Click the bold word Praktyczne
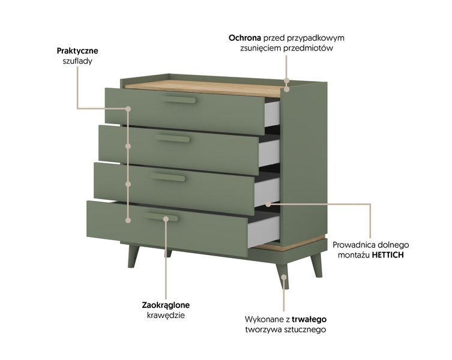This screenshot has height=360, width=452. click(77, 51)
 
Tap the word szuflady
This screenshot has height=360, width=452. click(77, 61)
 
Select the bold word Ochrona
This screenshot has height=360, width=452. click(245, 38)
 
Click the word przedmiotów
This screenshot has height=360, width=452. click(308, 48)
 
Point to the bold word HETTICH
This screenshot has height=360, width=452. click(388, 255)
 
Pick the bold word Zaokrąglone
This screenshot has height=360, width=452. click(166, 305)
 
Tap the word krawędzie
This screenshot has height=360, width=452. click(166, 316)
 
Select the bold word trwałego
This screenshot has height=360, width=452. click(309, 319)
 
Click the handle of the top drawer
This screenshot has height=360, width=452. click(178, 100)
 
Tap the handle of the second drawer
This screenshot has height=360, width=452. click(172, 139)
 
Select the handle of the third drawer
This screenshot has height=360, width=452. click(167, 177)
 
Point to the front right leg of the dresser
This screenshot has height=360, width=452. click(282, 276)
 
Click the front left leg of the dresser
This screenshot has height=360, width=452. click(133, 256)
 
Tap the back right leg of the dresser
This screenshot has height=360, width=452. click(316, 265)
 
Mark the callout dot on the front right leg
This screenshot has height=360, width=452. click(284, 277)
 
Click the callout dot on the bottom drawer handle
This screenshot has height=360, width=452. click(166, 219)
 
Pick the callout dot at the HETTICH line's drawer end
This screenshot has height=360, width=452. click(268, 204)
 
